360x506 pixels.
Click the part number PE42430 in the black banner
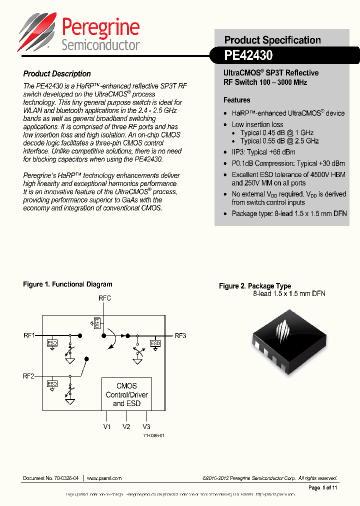(248, 55)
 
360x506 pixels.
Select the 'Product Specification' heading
(272, 40)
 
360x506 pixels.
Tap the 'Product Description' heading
(57, 73)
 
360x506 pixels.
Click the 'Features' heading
(236, 100)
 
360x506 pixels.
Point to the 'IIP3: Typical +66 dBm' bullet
(263, 152)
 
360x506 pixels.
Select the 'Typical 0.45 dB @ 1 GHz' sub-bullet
(276, 132)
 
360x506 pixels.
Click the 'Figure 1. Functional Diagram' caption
(67, 284)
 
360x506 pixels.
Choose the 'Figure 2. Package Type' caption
(255, 286)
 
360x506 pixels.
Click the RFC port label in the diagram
(104, 298)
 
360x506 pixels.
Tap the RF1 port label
(29, 335)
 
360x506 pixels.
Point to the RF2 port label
(29, 376)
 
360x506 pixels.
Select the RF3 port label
(180, 335)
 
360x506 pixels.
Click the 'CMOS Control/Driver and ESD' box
(126, 394)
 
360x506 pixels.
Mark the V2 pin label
(126, 426)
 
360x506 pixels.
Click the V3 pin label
(146, 426)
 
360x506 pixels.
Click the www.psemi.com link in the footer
(104, 478)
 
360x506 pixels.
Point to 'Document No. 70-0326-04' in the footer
(51, 478)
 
